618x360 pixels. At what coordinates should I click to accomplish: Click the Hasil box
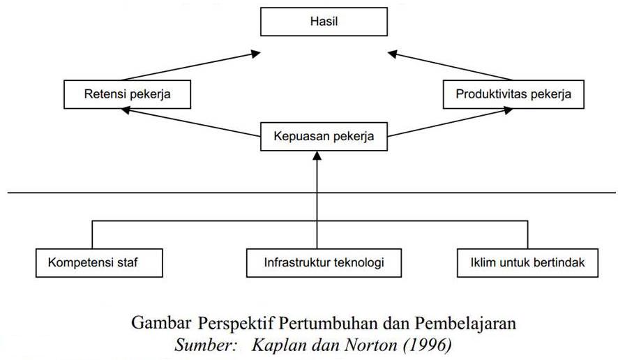pyautogui.click(x=324, y=22)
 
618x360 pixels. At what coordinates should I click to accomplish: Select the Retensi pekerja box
pyautogui.click(x=128, y=94)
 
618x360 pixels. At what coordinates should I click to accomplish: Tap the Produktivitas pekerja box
pyautogui.click(x=513, y=94)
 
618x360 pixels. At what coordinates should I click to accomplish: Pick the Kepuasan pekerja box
pyautogui.click(x=324, y=137)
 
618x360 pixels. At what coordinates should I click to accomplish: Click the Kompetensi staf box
pyautogui.click(x=99, y=263)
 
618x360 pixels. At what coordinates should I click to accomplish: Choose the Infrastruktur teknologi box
pyautogui.click(x=324, y=263)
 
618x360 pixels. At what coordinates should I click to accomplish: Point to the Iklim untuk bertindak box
pyautogui.click(x=527, y=263)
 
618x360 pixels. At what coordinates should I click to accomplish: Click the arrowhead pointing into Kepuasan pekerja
pyautogui.click(x=317, y=156)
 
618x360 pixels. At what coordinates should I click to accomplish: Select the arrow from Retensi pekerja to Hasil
pyautogui.click(x=191, y=66)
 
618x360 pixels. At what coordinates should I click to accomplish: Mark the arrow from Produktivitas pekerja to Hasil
pyautogui.click(x=450, y=66)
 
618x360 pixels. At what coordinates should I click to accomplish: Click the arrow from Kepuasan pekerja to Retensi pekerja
pyautogui.click(x=190, y=122)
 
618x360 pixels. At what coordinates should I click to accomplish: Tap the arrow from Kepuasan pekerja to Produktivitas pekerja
pyautogui.click(x=450, y=122)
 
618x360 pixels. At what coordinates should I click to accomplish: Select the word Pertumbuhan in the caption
pyautogui.click(x=328, y=323)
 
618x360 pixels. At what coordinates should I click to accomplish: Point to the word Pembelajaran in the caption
pyautogui.click(x=465, y=323)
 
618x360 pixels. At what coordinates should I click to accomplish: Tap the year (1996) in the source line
pyautogui.click(x=428, y=346)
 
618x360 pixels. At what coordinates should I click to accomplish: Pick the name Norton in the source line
pyautogui.click(x=371, y=345)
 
